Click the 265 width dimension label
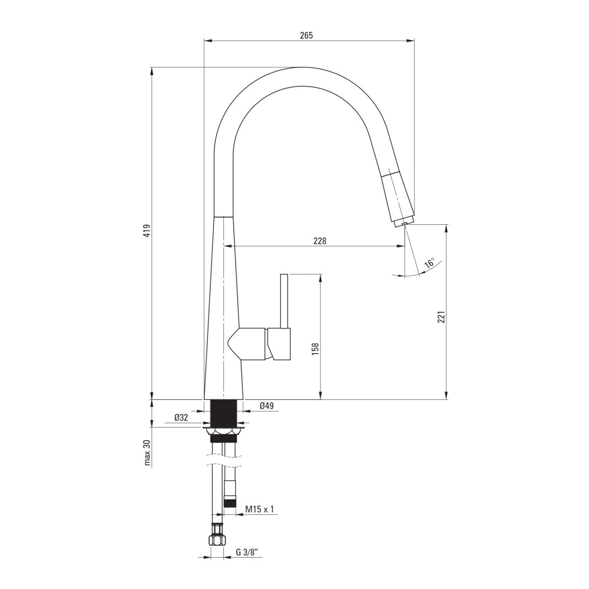[306, 35]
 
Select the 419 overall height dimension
[147, 231]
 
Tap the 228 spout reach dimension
[320, 241]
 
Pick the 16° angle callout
[429, 263]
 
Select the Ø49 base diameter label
[267, 406]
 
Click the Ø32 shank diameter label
[181, 417]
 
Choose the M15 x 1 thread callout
[260, 509]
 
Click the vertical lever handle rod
[284, 301]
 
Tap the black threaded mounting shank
[224, 413]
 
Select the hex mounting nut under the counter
[224, 431]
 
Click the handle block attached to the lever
[279, 344]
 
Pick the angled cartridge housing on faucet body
[246, 344]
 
